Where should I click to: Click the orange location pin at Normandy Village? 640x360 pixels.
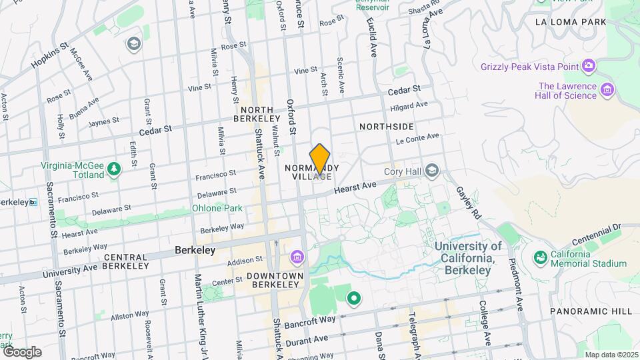[320, 159]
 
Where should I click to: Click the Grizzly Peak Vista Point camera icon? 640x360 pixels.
[588, 65]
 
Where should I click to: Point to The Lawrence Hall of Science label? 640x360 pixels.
[567, 91]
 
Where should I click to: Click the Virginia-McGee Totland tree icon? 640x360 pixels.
[115, 170]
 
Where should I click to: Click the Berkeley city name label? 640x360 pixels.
[195, 251]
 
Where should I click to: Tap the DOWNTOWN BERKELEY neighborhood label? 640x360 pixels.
[275, 280]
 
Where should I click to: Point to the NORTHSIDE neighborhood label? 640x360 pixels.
[386, 127]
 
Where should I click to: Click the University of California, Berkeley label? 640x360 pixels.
[468, 258]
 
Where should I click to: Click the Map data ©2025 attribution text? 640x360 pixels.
[610, 355]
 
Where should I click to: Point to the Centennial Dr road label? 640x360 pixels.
[595, 235]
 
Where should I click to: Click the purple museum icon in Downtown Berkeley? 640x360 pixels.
[297, 257]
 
